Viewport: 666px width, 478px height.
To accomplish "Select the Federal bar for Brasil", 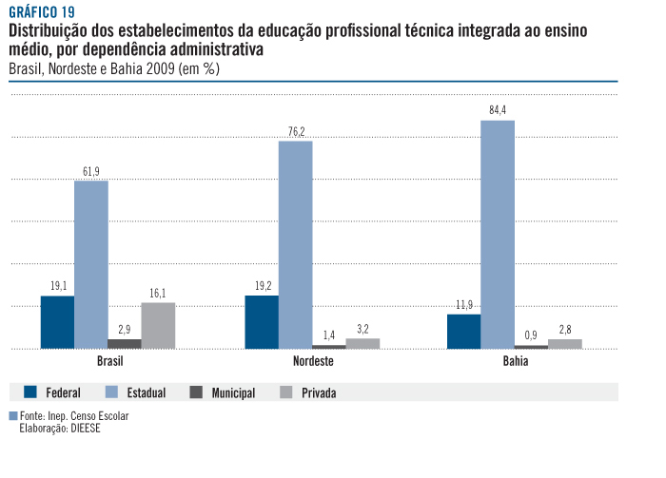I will [57, 322].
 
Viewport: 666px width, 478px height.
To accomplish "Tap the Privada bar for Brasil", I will [158, 325].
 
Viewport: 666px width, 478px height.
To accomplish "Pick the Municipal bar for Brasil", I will [125, 343].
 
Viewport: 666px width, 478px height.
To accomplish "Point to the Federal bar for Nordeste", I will [262, 322].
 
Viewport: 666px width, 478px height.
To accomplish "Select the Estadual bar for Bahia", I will [498, 234].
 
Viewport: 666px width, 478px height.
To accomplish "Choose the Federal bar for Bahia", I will [464, 331].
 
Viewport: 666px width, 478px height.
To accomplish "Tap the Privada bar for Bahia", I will [565, 343].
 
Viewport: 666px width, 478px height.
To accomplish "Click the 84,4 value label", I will [498, 110].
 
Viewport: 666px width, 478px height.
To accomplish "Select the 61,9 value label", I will [91, 171].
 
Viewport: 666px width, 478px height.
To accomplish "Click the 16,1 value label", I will [158, 293].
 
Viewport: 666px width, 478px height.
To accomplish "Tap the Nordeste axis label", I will [312, 363].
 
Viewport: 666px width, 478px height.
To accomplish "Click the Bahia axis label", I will [516, 363].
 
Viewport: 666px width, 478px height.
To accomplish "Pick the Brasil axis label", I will [109, 363].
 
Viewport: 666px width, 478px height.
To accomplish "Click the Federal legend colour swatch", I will [29, 392].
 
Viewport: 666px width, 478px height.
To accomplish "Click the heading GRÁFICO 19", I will [41, 12].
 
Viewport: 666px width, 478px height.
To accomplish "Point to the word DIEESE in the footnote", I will [85, 428].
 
